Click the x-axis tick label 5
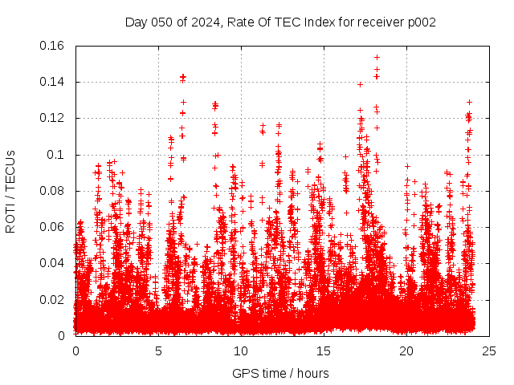pyautogui.click(x=158, y=351)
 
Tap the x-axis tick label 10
pyautogui.click(x=241, y=351)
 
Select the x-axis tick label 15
pyautogui.click(x=324, y=351)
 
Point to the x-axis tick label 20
pyautogui.click(x=406, y=351)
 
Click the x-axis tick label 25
pyautogui.click(x=489, y=351)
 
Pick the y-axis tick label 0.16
pyautogui.click(x=53, y=46)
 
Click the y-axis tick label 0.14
pyautogui.click(x=53, y=82)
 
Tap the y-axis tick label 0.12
pyautogui.click(x=53, y=118)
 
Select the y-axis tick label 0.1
pyautogui.click(x=59, y=154)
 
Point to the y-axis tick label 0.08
pyautogui.click(x=53, y=191)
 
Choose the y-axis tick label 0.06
pyautogui.click(x=53, y=227)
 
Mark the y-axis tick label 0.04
pyautogui.click(x=53, y=263)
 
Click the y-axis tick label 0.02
pyautogui.click(x=53, y=299)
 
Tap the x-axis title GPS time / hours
pyautogui.click(x=280, y=373)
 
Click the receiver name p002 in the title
pyautogui.click(x=421, y=22)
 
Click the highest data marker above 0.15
pyautogui.click(x=377, y=57)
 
